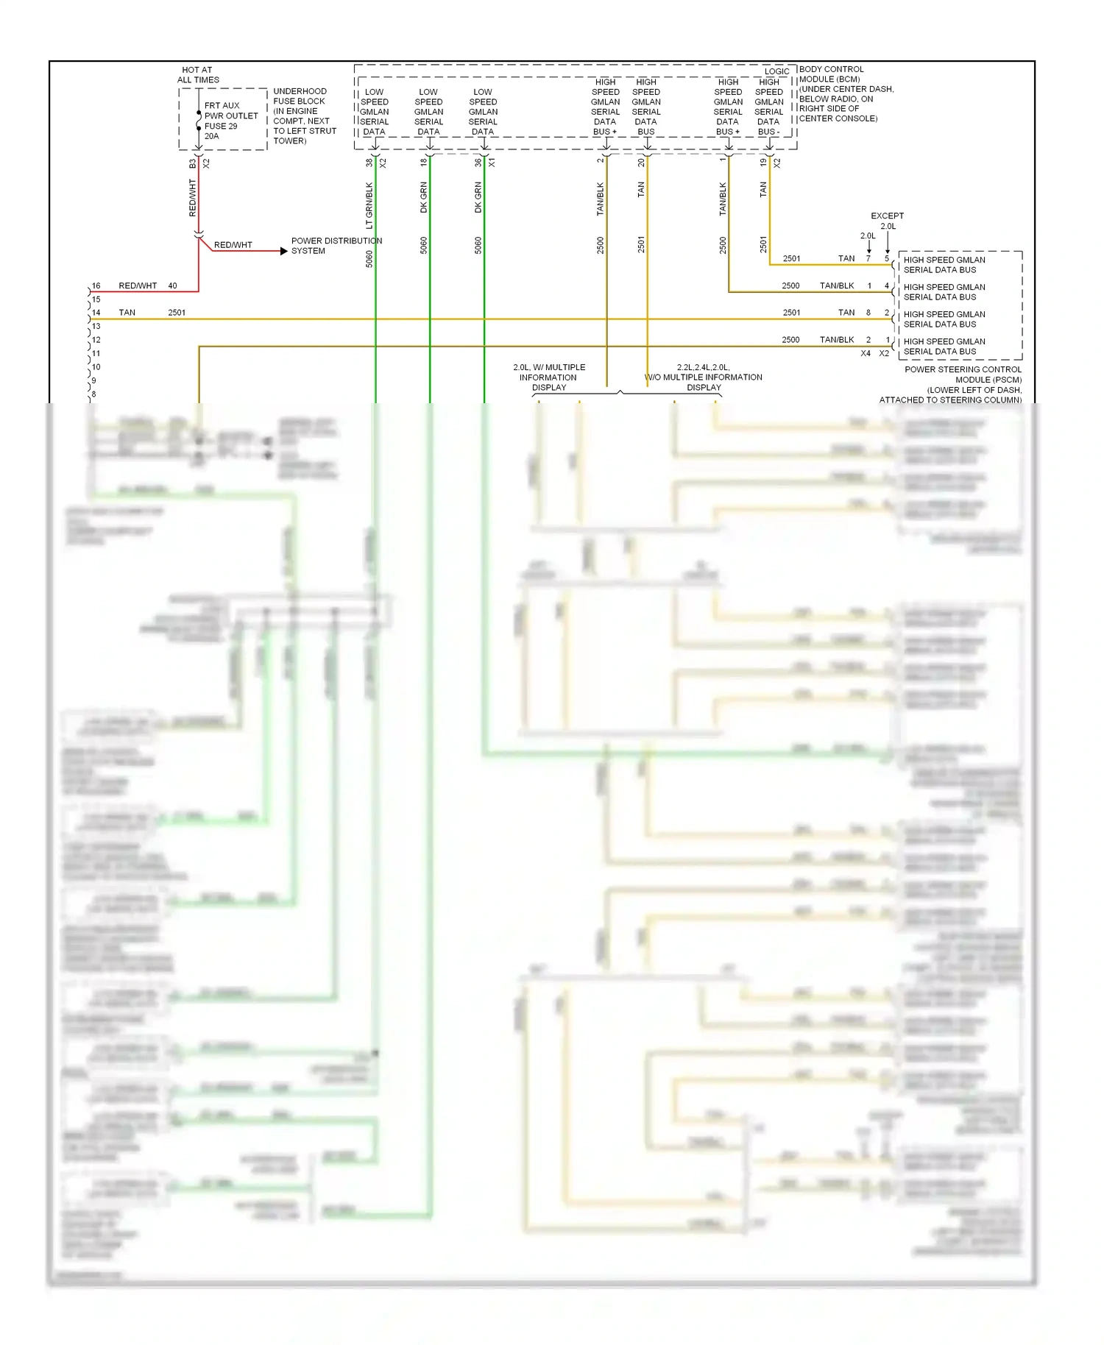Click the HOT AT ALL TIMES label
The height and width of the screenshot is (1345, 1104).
[x=197, y=75]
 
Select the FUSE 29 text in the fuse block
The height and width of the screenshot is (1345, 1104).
[x=221, y=126]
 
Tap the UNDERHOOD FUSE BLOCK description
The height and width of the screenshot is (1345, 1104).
[x=304, y=116]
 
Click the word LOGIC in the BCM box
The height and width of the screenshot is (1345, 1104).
[x=776, y=71]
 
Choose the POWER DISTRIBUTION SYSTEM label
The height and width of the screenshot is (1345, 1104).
[x=336, y=246]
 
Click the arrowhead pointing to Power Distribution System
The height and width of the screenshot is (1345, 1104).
[x=283, y=251]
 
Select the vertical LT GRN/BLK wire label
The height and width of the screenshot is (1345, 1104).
[x=369, y=205]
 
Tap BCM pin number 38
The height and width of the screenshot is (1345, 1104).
[x=369, y=163]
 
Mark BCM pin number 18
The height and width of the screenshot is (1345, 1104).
[x=424, y=163]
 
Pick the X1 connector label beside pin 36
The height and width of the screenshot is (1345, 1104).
[x=492, y=163]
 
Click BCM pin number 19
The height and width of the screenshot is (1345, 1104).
[x=763, y=163]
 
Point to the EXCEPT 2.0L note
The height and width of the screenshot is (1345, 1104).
[x=887, y=221]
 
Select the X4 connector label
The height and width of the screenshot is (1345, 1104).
[x=866, y=353]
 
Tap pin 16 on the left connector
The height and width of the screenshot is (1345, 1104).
[x=96, y=285]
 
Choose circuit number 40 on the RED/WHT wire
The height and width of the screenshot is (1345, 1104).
[x=172, y=285]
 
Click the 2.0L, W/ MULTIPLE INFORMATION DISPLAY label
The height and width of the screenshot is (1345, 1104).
[x=549, y=377]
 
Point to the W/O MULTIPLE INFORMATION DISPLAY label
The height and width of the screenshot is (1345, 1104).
[x=704, y=377]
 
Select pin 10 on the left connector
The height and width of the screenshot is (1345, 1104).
[x=96, y=367]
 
